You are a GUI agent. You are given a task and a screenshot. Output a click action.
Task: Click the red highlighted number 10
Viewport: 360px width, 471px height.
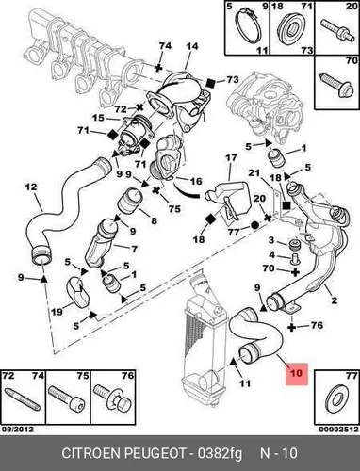(296, 373)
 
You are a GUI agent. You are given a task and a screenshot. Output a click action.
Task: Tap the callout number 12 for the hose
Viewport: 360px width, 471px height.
(31, 187)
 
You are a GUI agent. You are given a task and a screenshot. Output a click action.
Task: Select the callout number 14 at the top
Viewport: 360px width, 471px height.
(191, 46)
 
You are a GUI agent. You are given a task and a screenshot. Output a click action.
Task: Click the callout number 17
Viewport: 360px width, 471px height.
(231, 157)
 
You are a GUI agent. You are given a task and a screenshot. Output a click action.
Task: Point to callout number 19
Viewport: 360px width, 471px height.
(57, 312)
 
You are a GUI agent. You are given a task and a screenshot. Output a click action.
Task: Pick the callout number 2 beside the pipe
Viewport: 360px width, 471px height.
(334, 300)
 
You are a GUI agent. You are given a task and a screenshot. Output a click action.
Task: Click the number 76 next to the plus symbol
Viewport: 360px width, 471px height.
(317, 325)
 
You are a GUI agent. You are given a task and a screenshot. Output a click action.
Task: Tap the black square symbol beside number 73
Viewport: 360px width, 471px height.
(210, 83)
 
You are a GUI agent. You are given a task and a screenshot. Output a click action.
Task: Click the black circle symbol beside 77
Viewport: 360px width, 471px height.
(255, 225)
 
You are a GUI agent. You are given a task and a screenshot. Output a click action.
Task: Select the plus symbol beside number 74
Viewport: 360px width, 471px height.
(159, 67)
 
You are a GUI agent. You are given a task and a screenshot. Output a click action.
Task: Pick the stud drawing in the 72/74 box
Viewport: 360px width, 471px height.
(23, 399)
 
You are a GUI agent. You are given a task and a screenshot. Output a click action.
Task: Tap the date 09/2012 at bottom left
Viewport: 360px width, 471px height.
(18, 429)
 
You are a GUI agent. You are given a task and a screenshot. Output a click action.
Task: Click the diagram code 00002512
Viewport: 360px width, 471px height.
(338, 430)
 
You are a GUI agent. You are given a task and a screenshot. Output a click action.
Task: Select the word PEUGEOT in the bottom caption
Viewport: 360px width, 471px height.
(155, 453)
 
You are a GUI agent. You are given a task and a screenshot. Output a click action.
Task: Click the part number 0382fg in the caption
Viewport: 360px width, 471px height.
(220, 454)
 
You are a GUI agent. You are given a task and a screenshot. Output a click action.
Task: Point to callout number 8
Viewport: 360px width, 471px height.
(154, 220)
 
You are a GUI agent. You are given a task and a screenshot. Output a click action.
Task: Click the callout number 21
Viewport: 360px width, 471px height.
(254, 173)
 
